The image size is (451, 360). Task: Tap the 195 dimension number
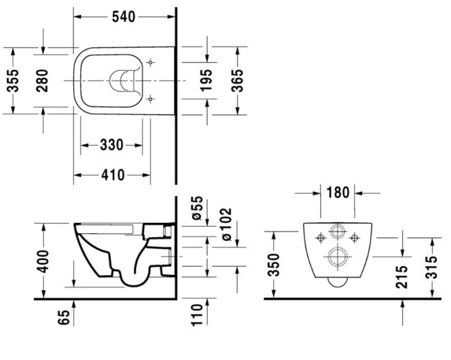206,81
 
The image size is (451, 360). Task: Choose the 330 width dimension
111,146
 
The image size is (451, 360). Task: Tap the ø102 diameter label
225,225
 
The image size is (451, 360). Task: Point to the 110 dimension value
198,316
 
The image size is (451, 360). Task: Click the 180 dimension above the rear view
336,193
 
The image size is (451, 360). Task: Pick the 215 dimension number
403,278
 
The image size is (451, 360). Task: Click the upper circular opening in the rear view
337,233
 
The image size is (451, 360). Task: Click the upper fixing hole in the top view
151,62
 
